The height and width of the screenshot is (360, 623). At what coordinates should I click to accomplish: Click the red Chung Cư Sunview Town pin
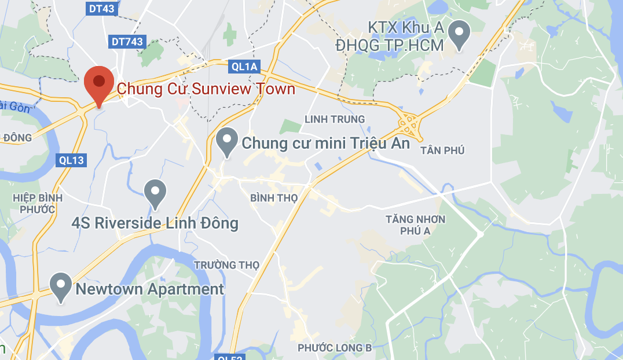[x=99, y=84]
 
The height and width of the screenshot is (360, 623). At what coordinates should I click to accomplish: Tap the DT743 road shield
[x=127, y=42]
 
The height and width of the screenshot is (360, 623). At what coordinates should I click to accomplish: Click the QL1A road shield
[x=244, y=67]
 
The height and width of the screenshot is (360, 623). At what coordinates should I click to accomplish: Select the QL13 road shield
[x=71, y=160]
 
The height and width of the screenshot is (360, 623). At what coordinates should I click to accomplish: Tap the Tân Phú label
[x=443, y=150]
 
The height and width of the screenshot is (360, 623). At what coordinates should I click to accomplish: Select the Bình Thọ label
[x=274, y=198]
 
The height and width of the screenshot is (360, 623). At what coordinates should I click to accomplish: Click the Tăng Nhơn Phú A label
[x=416, y=225]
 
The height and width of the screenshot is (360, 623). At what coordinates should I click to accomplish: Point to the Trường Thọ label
[x=227, y=265]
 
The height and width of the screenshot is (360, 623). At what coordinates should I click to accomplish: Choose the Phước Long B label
[x=335, y=348]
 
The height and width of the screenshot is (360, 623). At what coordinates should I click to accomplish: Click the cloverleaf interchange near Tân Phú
[x=410, y=123]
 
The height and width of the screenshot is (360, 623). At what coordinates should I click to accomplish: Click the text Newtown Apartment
[x=149, y=289]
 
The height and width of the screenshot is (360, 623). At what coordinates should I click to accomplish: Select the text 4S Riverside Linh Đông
[x=155, y=223]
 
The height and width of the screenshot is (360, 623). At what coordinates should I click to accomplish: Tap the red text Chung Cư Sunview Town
[x=206, y=89]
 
